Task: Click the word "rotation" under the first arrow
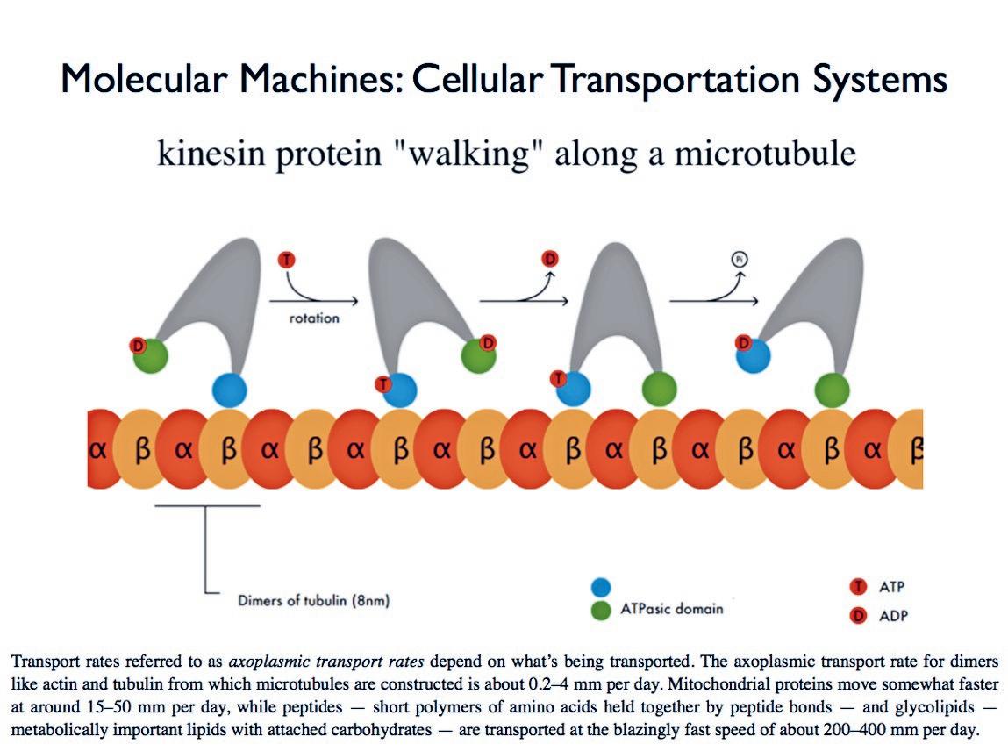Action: pos(314,318)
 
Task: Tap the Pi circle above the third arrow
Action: pos(740,259)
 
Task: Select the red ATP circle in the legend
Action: pos(859,587)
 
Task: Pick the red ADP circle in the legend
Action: pos(859,616)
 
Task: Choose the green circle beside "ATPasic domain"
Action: pos(601,610)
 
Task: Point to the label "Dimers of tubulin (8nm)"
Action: pos(313,601)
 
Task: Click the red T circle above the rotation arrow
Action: pos(286,260)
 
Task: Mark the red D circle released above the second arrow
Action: pos(550,259)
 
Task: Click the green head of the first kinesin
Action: pos(150,356)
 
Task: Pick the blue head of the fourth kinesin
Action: pos(754,355)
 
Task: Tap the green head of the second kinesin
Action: pos(478,355)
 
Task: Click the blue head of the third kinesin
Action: pos(574,388)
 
